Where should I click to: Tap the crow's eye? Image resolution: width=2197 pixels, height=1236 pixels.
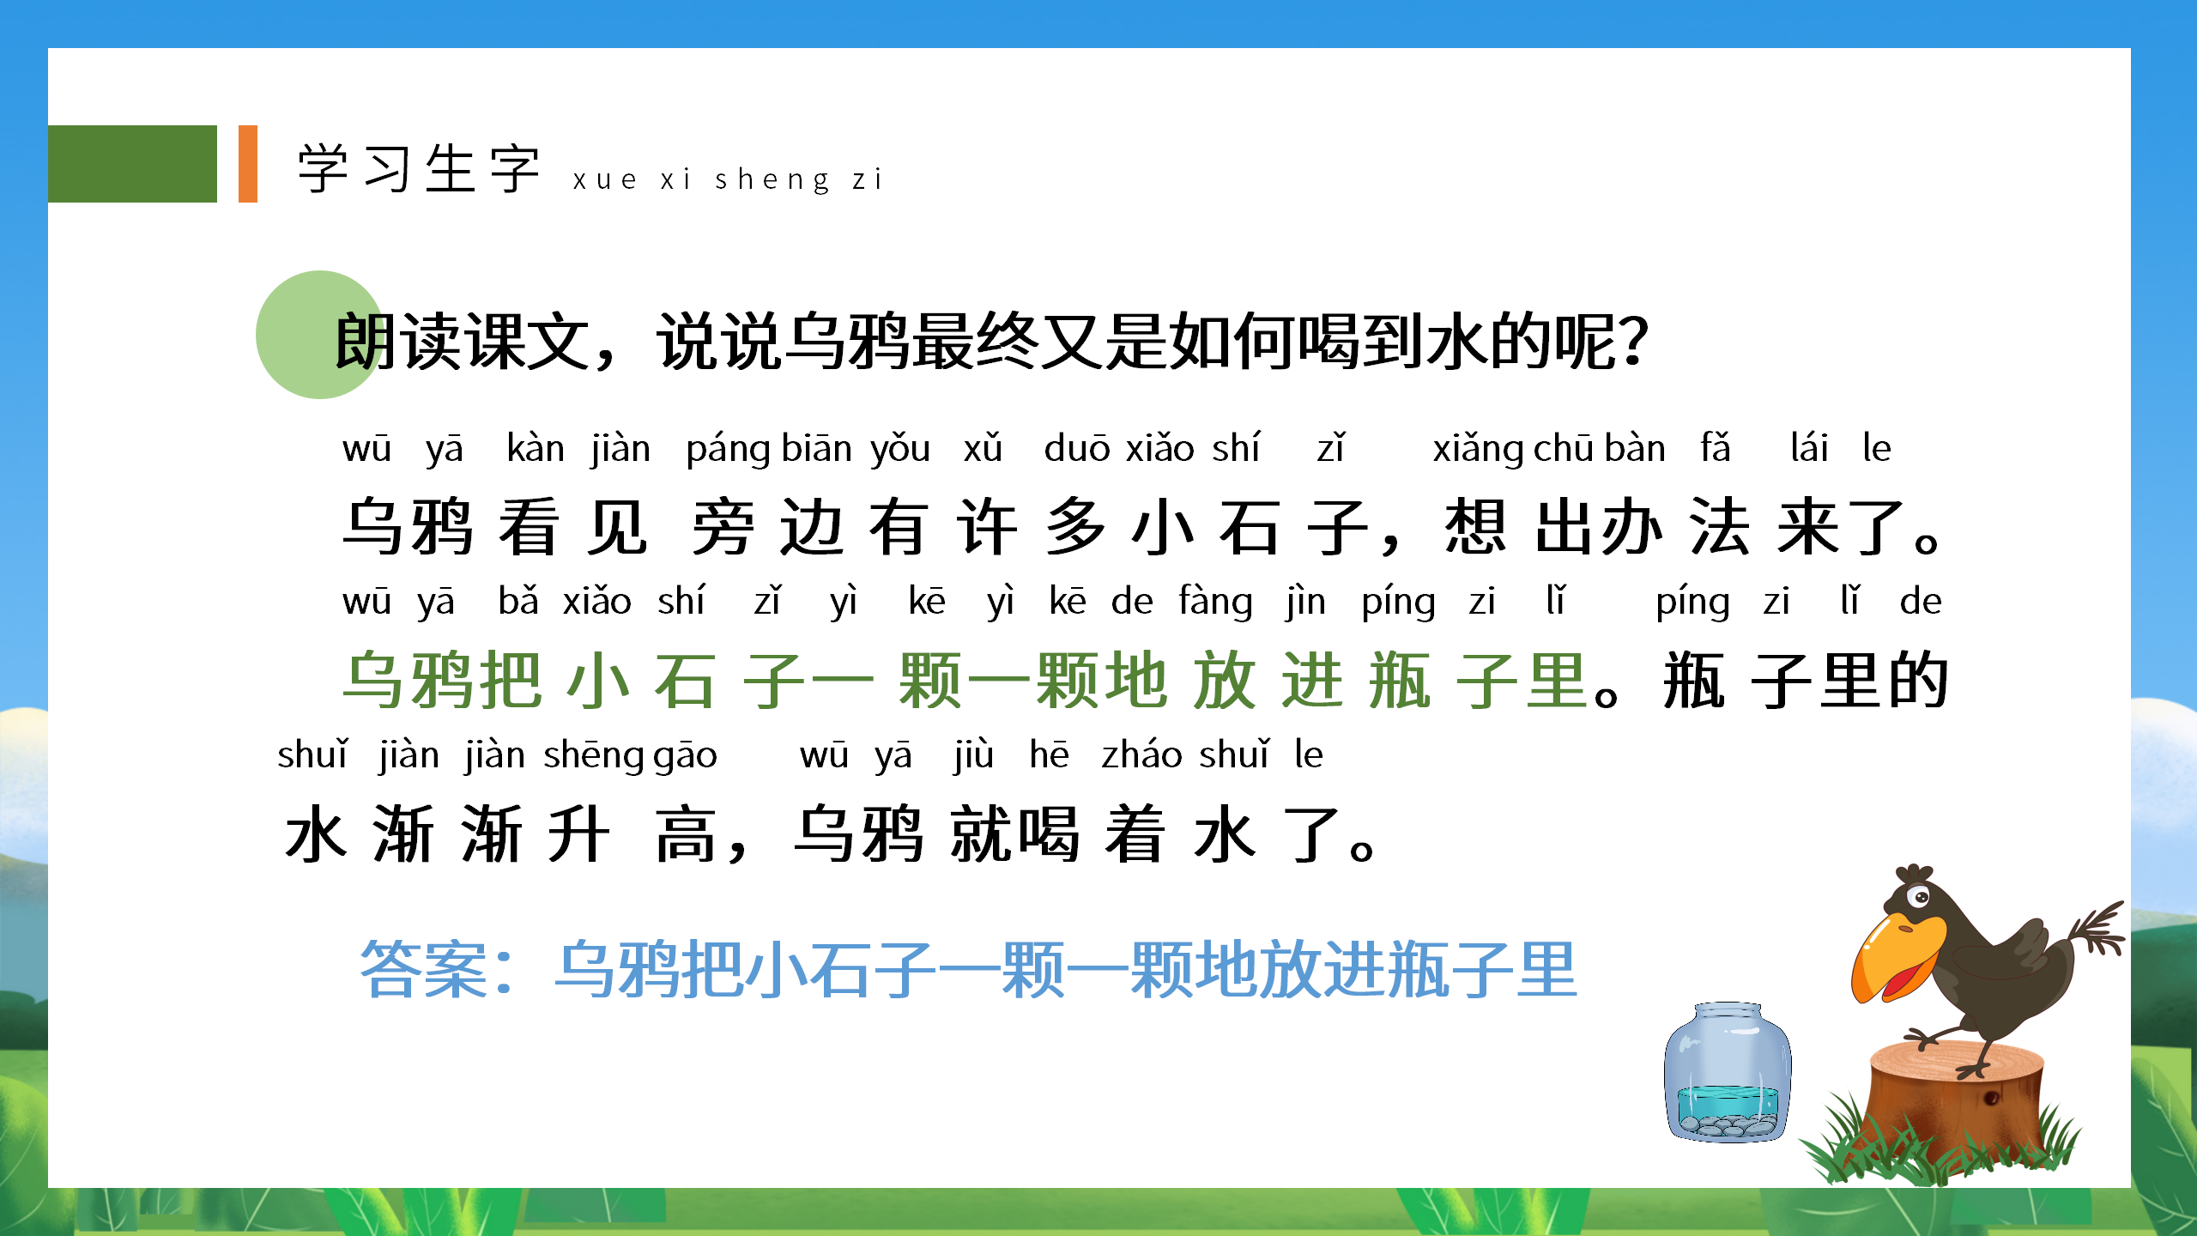pyautogui.click(x=1920, y=898)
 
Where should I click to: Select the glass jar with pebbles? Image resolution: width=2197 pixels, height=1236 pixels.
pyautogui.click(x=1727, y=1073)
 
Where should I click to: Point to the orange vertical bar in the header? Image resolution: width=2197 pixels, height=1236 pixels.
pyautogui.click(x=248, y=164)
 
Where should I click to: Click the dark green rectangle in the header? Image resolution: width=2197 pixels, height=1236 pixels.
pyautogui.click(x=132, y=164)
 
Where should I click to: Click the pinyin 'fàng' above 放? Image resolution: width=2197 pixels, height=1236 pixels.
pyautogui.click(x=1215, y=602)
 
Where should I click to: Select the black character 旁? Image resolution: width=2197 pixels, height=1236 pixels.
pyautogui.click(x=723, y=527)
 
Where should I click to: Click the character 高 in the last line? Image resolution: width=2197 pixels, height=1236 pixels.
pyautogui.click(x=685, y=834)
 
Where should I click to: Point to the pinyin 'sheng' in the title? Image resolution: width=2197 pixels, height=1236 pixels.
pyautogui.click(x=772, y=179)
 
